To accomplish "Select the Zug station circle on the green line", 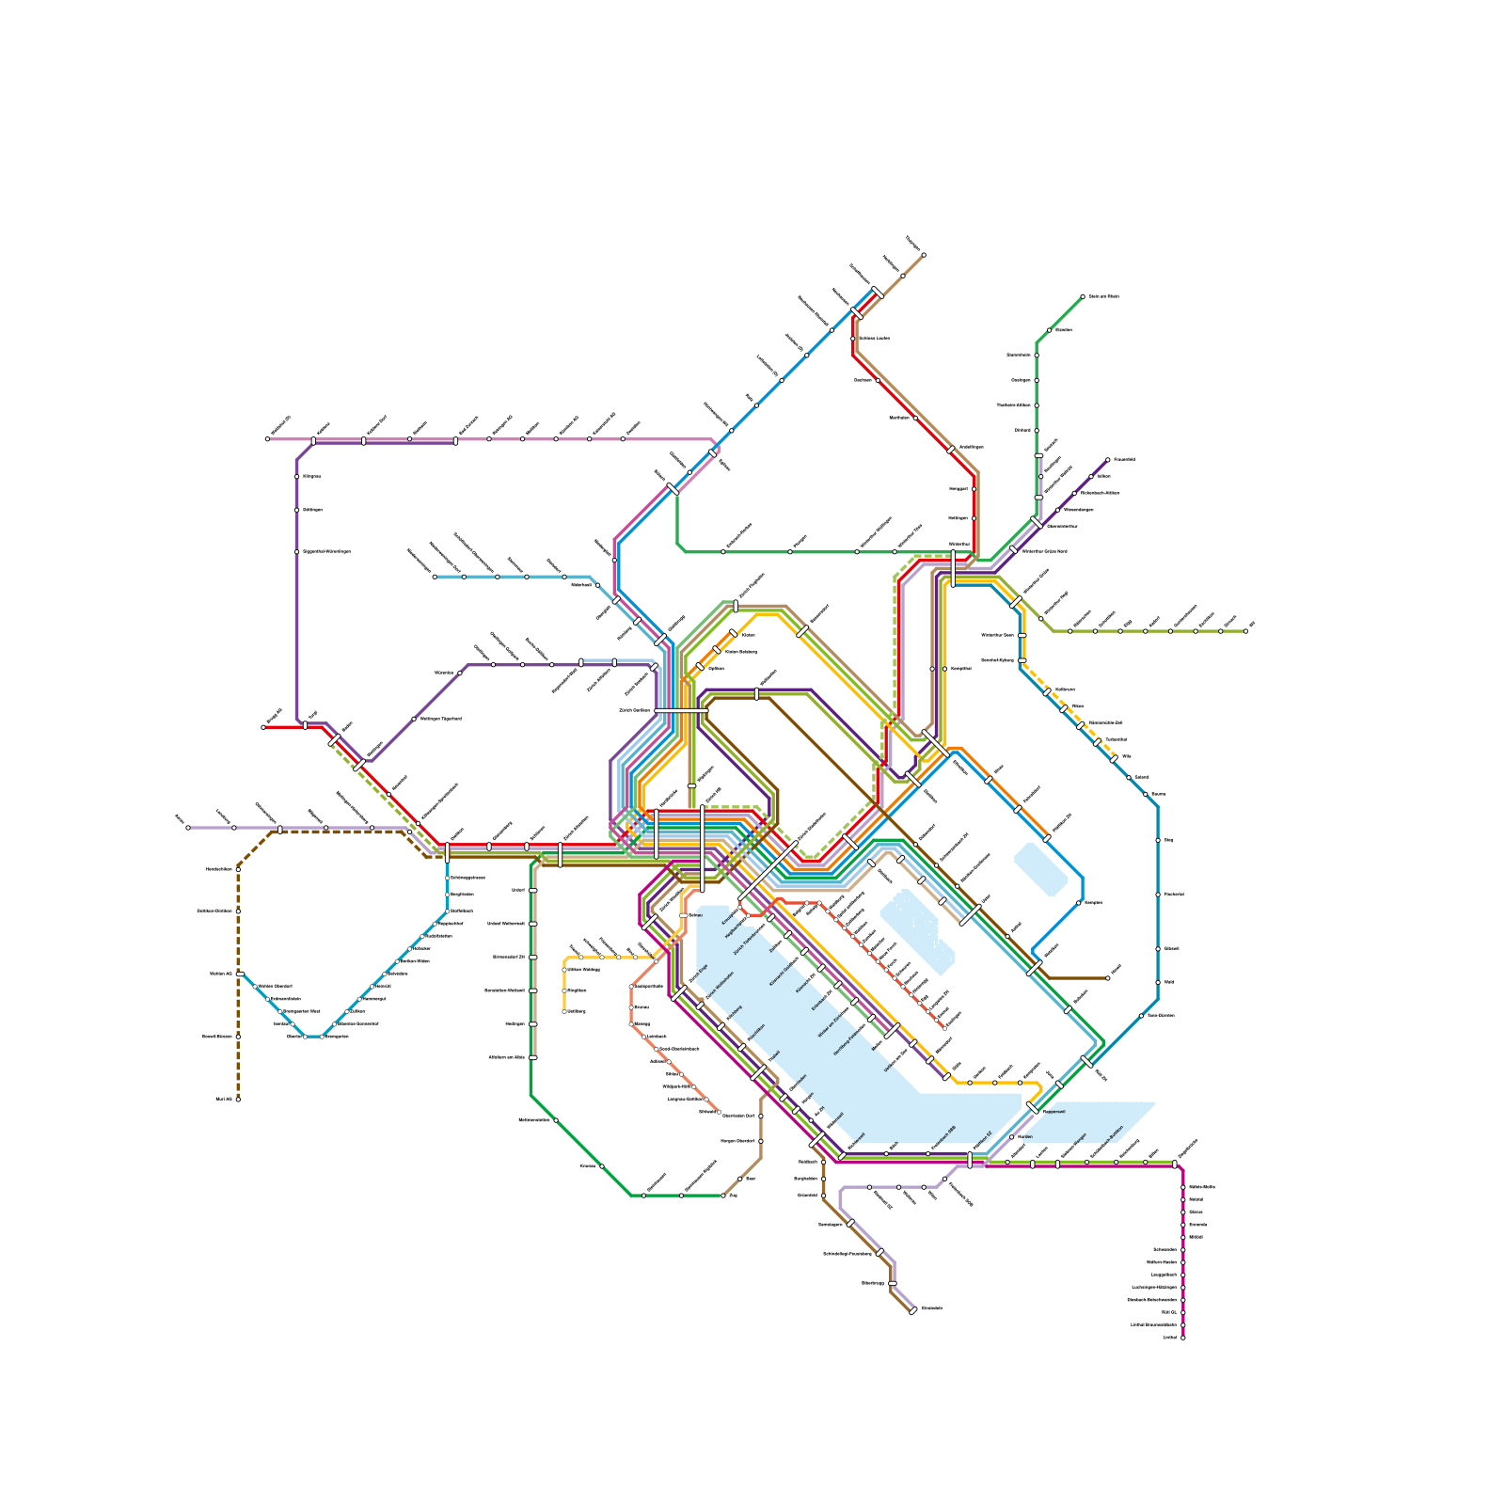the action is pyautogui.click(x=723, y=1196).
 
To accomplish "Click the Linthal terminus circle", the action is pyautogui.click(x=1182, y=1337).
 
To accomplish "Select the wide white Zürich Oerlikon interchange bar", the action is pyautogui.click(x=681, y=711).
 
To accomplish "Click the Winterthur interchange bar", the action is pyautogui.click(x=953, y=569).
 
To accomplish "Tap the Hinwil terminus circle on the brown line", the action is pyautogui.click(x=1107, y=978).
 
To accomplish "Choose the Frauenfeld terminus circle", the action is pyautogui.click(x=1107, y=460).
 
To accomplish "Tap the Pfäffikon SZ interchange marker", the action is pyautogui.click(x=970, y=1160).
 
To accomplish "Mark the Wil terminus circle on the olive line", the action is pyautogui.click(x=1245, y=631).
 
